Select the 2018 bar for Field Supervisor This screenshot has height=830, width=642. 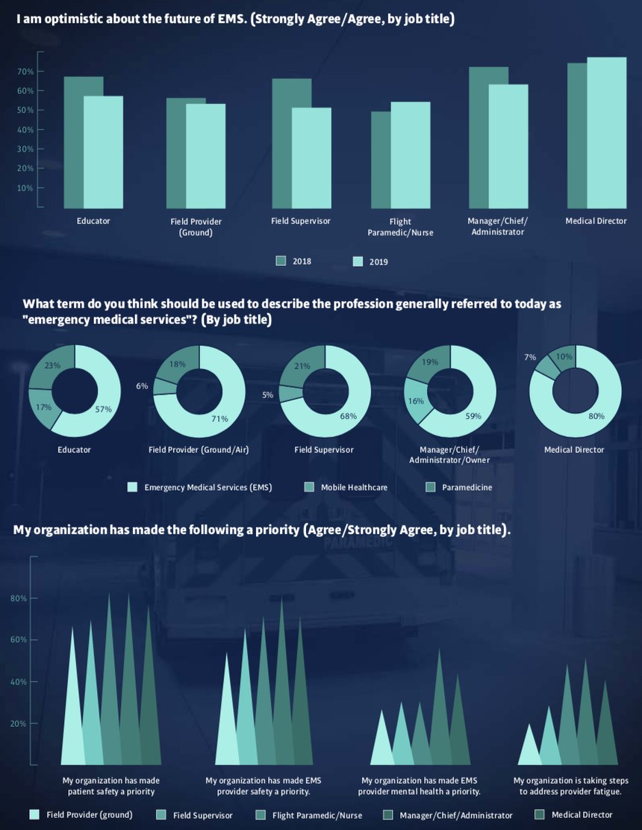[x=281, y=142]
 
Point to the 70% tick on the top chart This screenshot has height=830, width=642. [x=25, y=72]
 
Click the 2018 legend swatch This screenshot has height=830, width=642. [x=281, y=261]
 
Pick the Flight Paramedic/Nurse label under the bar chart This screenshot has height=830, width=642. [x=400, y=227]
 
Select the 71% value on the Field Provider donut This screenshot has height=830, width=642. [x=219, y=419]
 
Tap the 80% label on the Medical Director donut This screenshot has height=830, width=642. [x=596, y=417]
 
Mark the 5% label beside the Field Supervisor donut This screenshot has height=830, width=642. [x=267, y=395]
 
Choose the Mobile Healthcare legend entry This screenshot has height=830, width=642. [x=354, y=487]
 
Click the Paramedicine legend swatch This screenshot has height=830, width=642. [x=429, y=487]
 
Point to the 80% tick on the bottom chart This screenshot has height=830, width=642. [x=19, y=598]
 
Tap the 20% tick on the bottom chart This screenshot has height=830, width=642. [x=19, y=724]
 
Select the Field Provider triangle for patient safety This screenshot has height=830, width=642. [x=72, y=717]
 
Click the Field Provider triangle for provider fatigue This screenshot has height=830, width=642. [x=529, y=750]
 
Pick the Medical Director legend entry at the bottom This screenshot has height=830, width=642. [x=582, y=815]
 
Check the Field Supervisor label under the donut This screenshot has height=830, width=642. [x=324, y=450]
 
